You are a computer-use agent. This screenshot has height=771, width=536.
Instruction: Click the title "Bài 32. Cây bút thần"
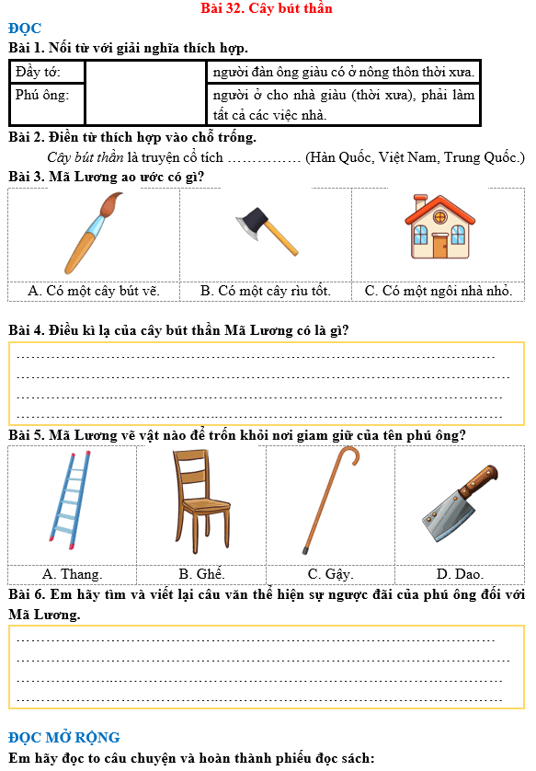coord(267,8)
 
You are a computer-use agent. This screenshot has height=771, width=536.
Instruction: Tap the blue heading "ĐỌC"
coord(25,29)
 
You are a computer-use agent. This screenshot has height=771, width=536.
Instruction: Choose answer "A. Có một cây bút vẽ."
coord(94,291)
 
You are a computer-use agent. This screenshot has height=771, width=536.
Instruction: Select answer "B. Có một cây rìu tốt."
coord(266,291)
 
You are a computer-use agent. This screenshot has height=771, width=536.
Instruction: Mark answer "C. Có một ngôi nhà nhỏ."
coord(438,291)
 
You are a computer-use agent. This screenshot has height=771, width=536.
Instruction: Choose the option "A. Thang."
coord(72,574)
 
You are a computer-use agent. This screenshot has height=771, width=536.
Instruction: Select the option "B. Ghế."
coord(201,574)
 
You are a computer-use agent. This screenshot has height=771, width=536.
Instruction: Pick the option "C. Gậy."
coord(330,574)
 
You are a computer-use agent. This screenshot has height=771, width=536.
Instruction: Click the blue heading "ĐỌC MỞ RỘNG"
coord(64,738)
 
